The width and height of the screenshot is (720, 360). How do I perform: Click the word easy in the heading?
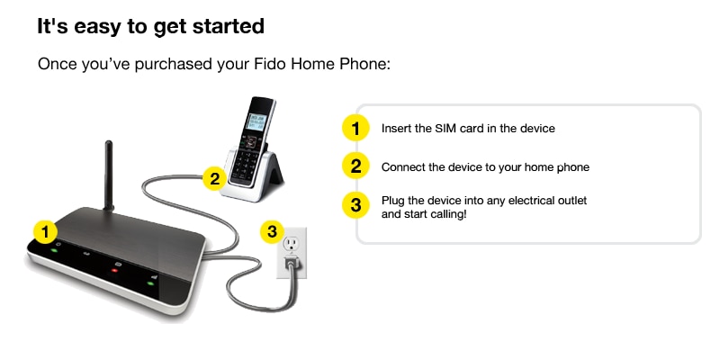97,27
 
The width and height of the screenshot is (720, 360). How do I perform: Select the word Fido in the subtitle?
270,64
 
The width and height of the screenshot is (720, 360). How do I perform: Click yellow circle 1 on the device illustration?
45,233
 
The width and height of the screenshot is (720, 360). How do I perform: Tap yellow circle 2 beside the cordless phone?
214,179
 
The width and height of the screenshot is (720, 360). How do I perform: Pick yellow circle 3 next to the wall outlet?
273,231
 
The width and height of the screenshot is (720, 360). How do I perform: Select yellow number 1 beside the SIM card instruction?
355,128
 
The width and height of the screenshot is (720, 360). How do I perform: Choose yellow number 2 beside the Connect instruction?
355,166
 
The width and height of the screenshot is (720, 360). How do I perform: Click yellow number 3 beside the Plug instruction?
355,204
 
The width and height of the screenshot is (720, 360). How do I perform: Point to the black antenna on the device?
109,175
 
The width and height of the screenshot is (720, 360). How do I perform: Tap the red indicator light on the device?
114,270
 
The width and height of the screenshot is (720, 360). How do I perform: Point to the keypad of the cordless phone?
244,164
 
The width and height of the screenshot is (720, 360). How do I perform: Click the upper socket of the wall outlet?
290,242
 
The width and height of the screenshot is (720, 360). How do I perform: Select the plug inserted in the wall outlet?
291,264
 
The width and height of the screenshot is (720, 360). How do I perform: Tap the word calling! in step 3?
449,215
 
